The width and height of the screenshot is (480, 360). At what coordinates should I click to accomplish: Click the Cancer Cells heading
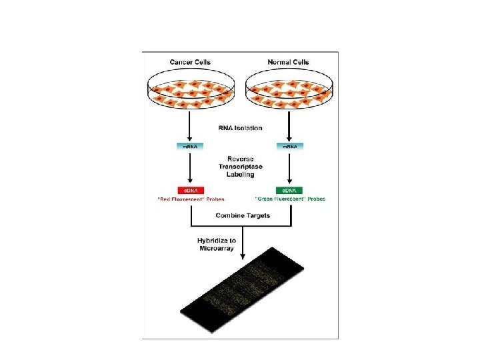pos(190,63)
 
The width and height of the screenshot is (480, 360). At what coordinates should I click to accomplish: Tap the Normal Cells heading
pos(289,63)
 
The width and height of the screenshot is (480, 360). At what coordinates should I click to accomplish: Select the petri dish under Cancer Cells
pos(191,90)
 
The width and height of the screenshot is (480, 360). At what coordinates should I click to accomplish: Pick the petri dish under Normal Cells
pos(289,90)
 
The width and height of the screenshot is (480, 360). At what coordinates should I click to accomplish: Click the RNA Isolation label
pos(240,127)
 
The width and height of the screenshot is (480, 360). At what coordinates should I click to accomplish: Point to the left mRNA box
pos(191,146)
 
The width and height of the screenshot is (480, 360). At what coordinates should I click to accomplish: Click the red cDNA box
pos(191,190)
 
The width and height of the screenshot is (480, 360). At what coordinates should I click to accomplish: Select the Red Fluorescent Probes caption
pos(191,199)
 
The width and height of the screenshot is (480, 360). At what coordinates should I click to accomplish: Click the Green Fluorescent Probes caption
pos(290,199)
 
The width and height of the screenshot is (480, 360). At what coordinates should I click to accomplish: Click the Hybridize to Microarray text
pos(217,244)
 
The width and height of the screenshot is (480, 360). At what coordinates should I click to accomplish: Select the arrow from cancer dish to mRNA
pos(191,125)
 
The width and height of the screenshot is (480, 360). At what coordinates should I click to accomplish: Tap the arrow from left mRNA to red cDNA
pos(191,167)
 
